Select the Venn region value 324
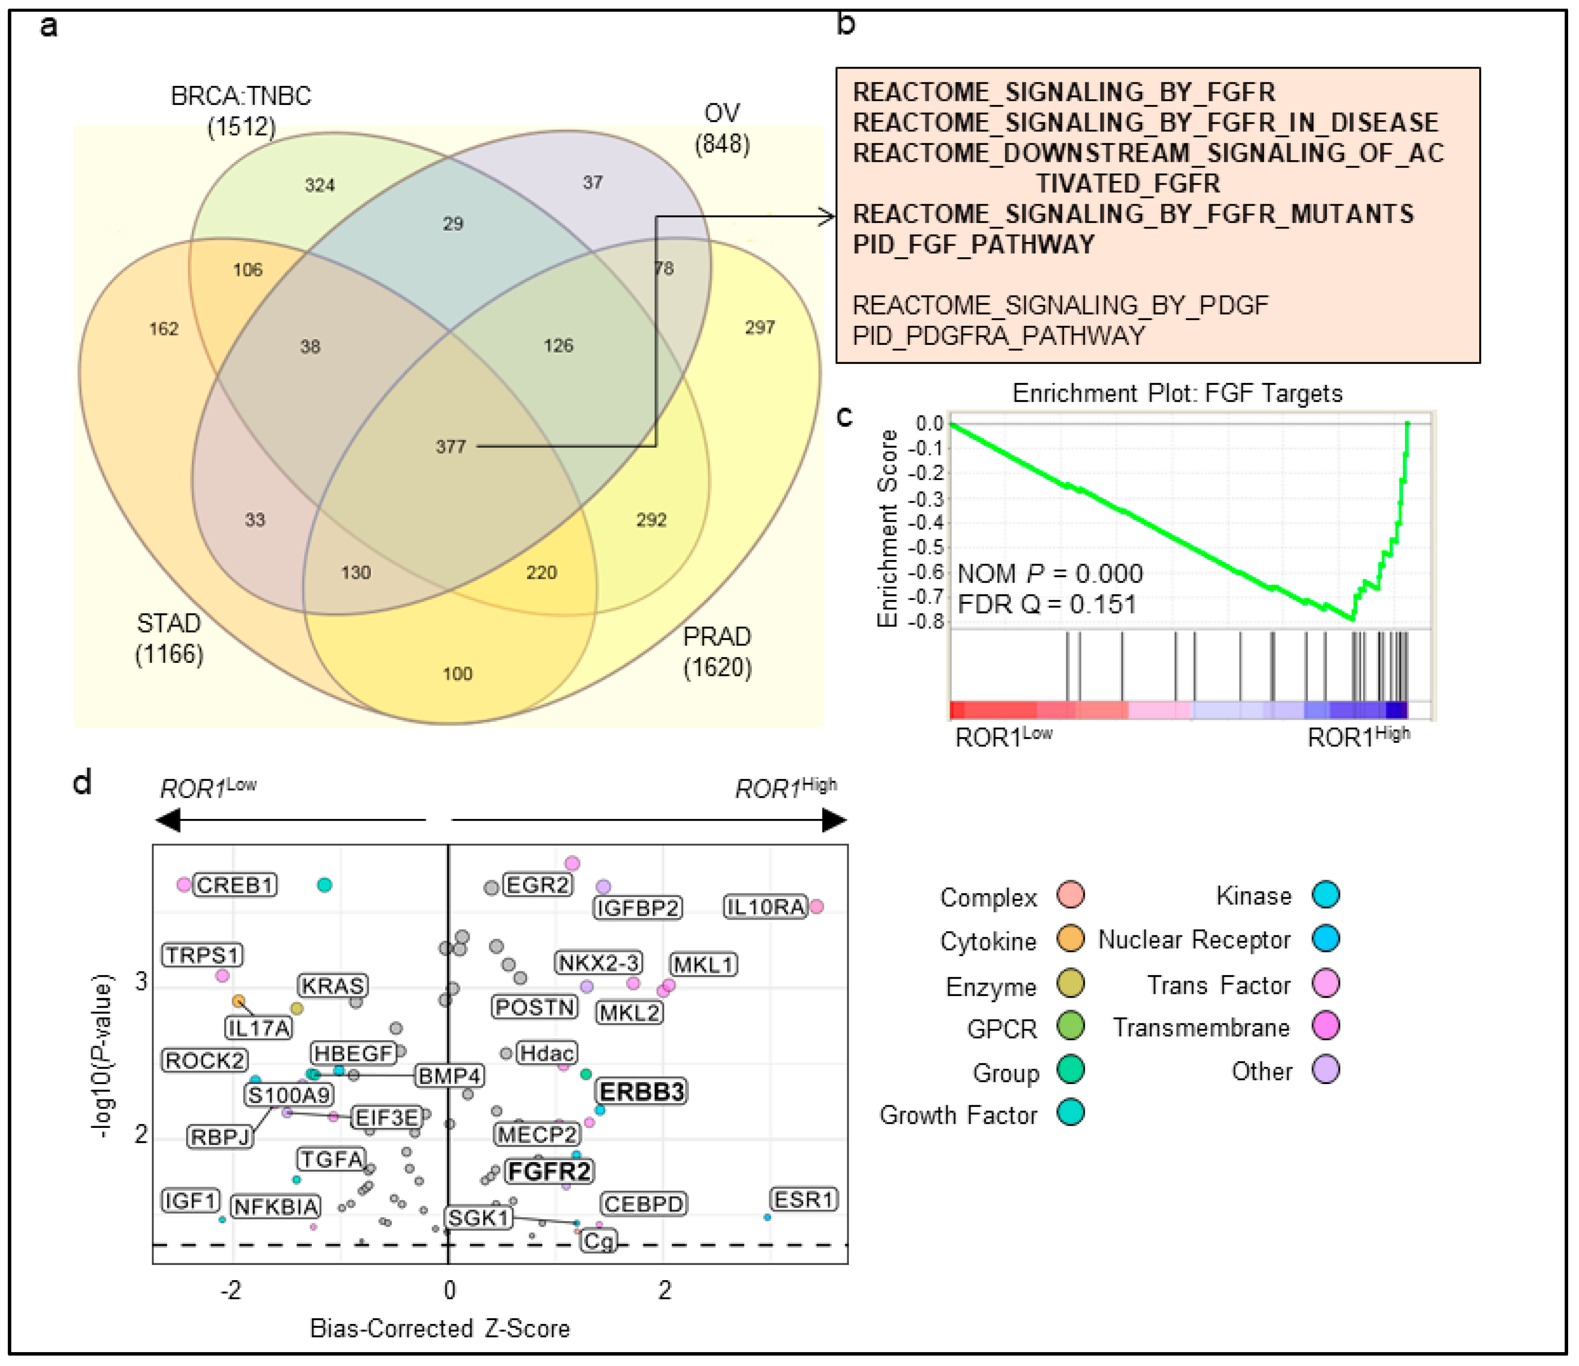(319, 185)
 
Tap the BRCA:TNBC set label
(241, 97)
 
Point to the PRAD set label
(717, 636)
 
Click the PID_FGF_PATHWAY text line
(973, 245)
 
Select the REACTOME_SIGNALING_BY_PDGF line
(1060, 306)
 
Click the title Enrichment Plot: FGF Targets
(1176, 393)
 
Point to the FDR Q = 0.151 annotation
(1046, 605)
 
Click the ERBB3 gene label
(641, 1091)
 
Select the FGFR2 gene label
(549, 1171)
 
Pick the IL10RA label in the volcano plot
(765, 907)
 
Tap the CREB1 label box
(235, 885)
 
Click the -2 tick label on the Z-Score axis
(232, 1290)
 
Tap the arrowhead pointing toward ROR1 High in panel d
(835, 820)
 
